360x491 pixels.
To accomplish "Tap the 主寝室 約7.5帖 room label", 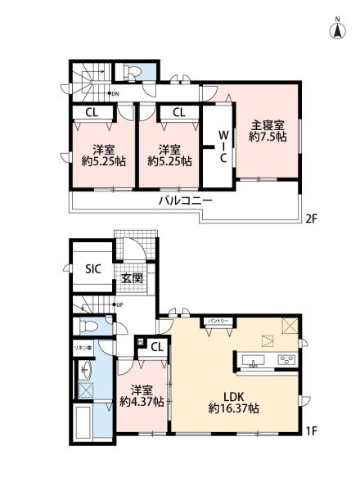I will coord(268,132).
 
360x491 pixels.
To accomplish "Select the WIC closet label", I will coord(222,146).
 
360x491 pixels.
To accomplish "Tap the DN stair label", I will coord(114,93).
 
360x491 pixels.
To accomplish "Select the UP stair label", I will coord(118,305).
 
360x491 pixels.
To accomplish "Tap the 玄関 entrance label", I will coord(132,278).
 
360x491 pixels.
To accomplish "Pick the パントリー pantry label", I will coord(216,322).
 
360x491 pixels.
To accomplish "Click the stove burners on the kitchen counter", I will coord(286,360).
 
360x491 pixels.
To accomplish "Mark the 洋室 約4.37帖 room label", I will coord(141,395).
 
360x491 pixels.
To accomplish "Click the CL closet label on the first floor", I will coord(155,347).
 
